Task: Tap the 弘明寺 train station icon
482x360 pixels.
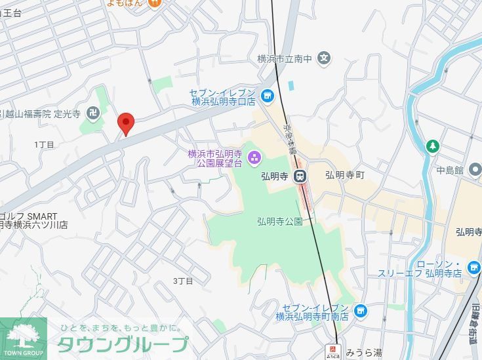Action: tap(300, 175)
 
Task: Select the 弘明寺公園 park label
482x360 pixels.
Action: tap(280, 222)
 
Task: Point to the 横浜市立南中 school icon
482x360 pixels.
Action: tap(323, 59)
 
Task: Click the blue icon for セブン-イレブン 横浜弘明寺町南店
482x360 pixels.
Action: tap(359, 311)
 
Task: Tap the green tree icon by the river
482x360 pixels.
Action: tap(432, 145)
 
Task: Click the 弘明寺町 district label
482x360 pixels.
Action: tap(344, 175)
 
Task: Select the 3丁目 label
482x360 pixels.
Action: tap(183, 281)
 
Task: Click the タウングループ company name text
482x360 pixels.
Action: tap(123, 344)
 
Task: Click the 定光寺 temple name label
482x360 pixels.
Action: tap(68, 113)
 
